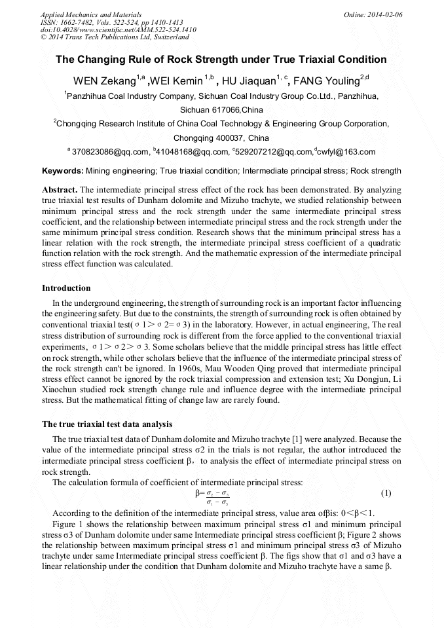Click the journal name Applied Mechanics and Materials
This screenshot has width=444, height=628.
[91, 14]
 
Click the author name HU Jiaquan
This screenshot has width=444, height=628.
[247, 81]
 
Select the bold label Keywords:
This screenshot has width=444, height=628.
[63, 171]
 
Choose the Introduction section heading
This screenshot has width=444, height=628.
[66, 288]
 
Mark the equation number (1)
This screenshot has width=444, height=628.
[386, 492]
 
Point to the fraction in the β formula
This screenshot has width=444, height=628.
[217, 498]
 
